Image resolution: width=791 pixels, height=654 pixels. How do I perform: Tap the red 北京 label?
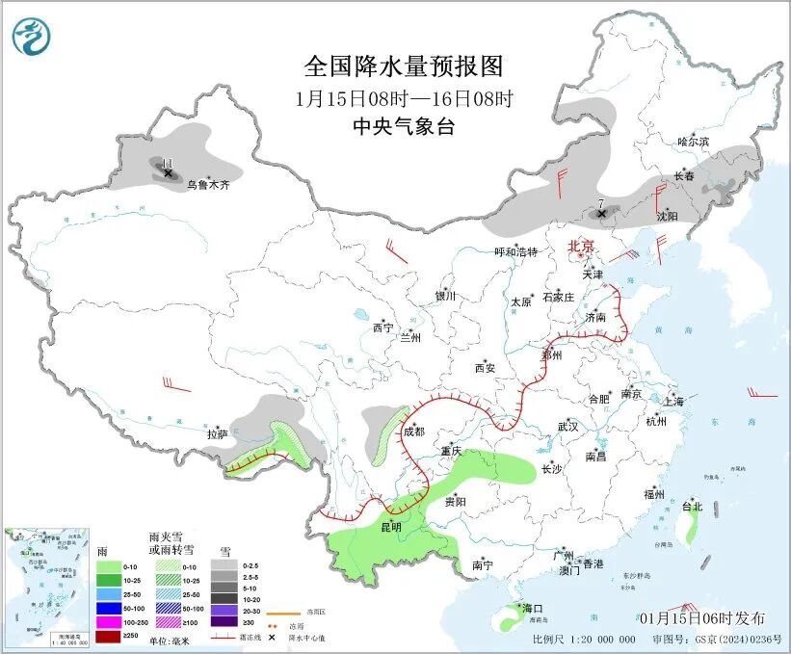click(581, 246)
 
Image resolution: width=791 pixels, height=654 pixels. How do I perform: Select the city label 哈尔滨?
click(692, 142)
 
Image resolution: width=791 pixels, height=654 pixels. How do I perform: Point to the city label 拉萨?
click(217, 434)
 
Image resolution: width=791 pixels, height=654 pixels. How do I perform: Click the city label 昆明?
click(390, 527)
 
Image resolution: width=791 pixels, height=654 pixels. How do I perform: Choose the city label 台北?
click(692, 506)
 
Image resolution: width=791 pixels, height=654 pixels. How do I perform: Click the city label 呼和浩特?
click(515, 251)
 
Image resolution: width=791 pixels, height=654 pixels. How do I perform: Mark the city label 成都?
click(413, 432)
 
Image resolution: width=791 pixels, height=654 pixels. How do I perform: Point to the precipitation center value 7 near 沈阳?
click(600, 202)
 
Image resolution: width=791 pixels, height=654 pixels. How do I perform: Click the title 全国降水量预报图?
click(404, 66)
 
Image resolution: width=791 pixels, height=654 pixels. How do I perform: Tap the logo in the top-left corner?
click(31, 37)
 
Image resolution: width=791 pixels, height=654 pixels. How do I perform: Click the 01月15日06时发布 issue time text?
click(701, 617)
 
